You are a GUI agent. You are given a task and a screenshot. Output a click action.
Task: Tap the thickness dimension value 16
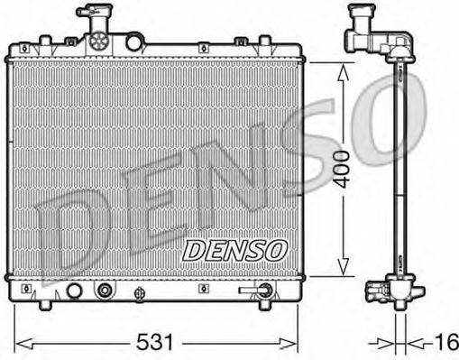coord(445,343)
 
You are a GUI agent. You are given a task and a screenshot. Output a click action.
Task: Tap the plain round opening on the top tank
coord(133,42)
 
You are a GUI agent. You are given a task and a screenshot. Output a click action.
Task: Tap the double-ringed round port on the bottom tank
coord(106,291)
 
